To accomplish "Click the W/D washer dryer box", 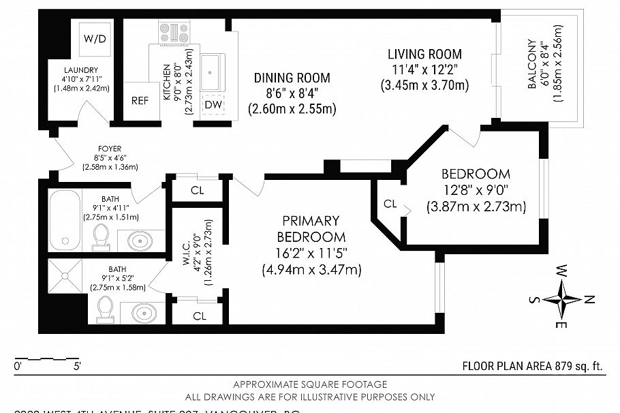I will tap(95, 39).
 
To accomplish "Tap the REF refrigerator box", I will tap(140, 100).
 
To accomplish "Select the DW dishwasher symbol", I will tap(212, 104).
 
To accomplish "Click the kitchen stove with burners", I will tap(174, 32).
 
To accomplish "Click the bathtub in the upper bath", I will tap(69, 220).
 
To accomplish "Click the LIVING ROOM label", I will tap(424, 54).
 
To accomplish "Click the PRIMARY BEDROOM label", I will tap(311, 229).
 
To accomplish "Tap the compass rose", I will tap(563, 299).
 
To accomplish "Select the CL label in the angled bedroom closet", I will tap(390, 204).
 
